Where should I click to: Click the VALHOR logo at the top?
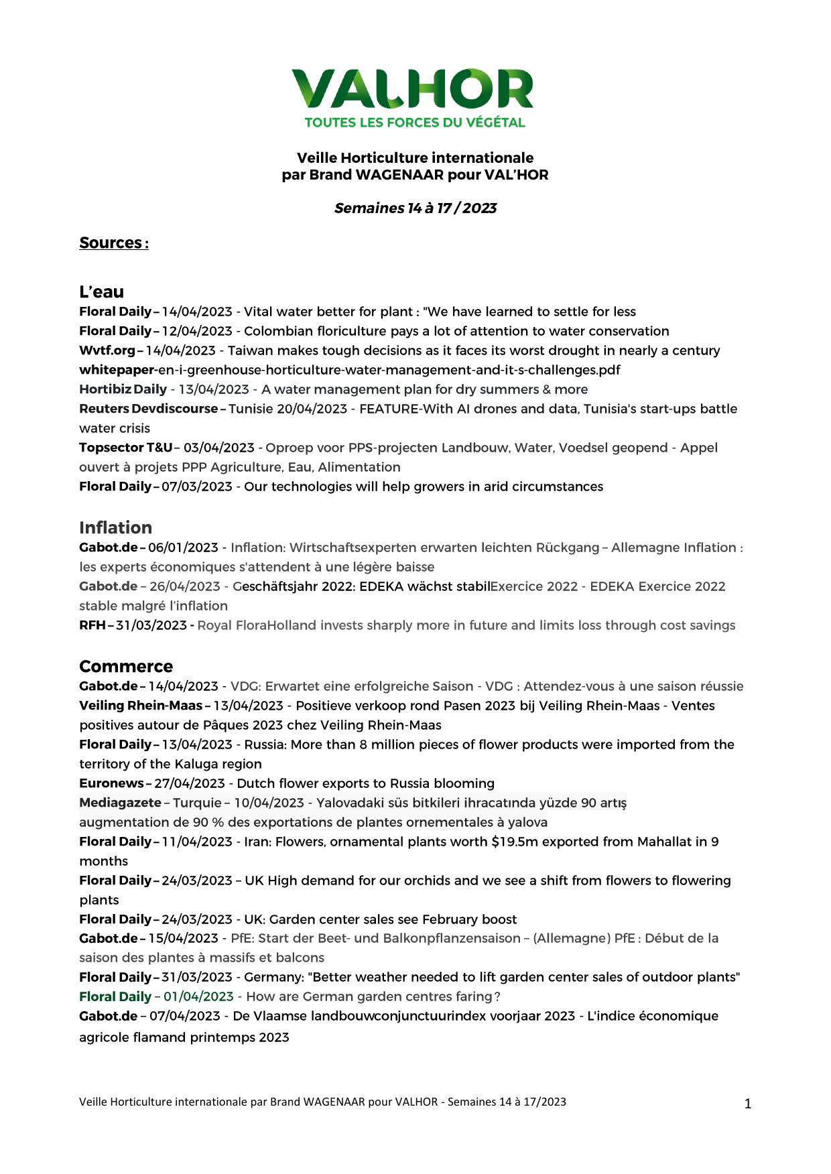(412, 88)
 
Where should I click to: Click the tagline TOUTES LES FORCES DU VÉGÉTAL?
(415, 123)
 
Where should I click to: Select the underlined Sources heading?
(113, 243)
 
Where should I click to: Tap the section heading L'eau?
(101, 291)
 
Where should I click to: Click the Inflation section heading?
(115, 527)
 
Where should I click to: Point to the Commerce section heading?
(126, 666)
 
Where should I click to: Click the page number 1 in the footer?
(748, 1104)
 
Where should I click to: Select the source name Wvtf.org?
(107, 350)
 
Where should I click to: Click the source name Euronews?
(111, 783)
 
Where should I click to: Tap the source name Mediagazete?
(120, 803)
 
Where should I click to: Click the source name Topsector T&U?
(125, 448)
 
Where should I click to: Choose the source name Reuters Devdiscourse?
(148, 409)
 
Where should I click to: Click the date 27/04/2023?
(190, 783)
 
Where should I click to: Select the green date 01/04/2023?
(198, 996)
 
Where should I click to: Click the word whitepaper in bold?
(117, 370)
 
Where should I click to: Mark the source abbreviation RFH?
(92, 625)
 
